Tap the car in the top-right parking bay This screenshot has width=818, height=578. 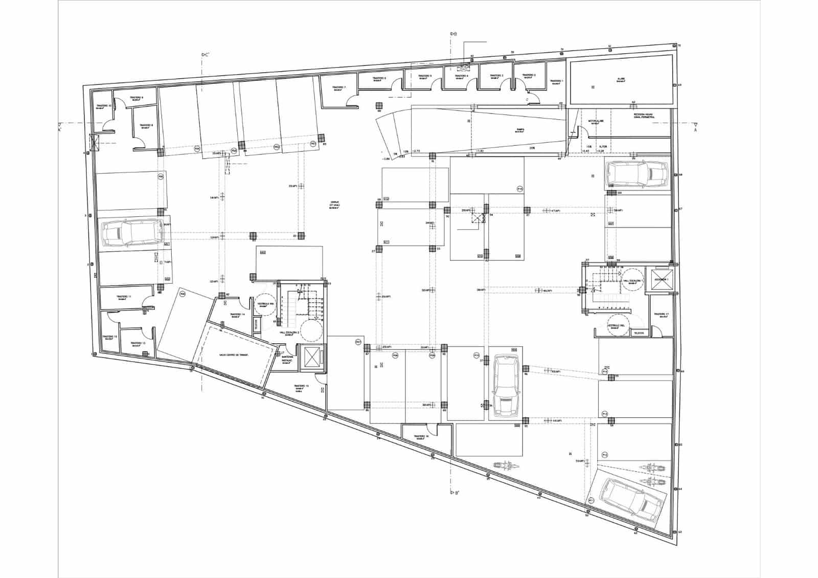637,174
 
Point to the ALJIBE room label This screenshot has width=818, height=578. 621,79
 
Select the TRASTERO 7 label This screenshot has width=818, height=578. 338,87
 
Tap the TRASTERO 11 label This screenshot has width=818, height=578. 124,297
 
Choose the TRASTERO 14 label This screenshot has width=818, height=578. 236,315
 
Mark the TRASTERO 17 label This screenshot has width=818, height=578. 661,314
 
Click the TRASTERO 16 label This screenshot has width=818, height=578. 421,436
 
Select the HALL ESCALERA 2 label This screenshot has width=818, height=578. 289,332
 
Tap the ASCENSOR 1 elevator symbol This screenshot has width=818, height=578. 661,280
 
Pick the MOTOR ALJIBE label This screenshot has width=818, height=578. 597,121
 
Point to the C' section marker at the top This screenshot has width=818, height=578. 206,54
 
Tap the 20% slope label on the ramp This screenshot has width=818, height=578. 532,148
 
